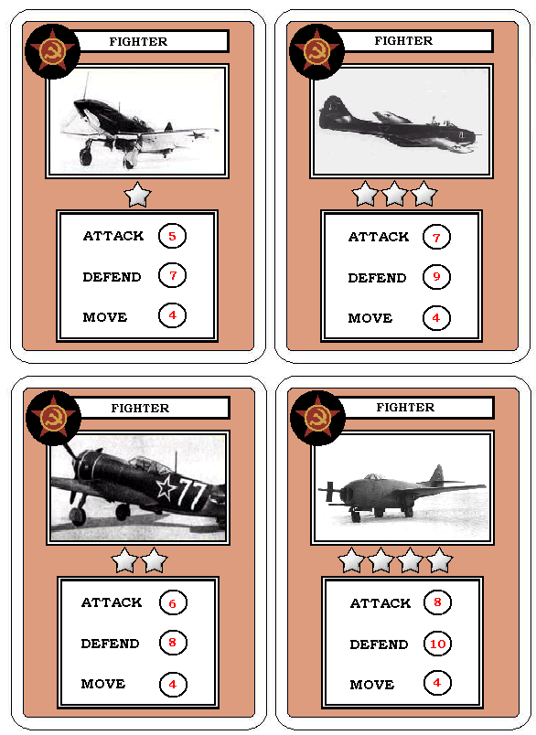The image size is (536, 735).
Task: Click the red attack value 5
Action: point(172,236)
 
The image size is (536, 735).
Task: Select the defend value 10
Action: point(437,644)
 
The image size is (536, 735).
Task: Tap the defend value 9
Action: point(436,277)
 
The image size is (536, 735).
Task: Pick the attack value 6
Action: point(173,603)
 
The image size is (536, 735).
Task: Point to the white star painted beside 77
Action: point(166,488)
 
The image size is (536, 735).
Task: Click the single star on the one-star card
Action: point(137,195)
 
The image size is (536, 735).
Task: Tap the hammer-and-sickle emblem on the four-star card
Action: point(317,418)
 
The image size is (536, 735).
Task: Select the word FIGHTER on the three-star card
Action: point(403,41)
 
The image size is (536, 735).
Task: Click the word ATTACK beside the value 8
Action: point(381,602)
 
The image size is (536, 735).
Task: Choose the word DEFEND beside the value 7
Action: point(112,277)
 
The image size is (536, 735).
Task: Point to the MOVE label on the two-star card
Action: point(103,684)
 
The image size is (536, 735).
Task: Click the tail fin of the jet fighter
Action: point(437,474)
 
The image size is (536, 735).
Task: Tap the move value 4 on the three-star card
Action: point(436,317)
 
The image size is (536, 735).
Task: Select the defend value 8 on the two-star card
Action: point(173,642)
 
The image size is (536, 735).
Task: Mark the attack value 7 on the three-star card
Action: point(436,237)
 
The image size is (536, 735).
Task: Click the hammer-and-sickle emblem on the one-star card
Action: point(52,51)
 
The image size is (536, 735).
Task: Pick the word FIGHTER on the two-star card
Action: point(140,408)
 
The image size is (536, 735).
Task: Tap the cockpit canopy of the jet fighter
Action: point(373,476)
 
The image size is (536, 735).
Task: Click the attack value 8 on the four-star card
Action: point(437,602)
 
